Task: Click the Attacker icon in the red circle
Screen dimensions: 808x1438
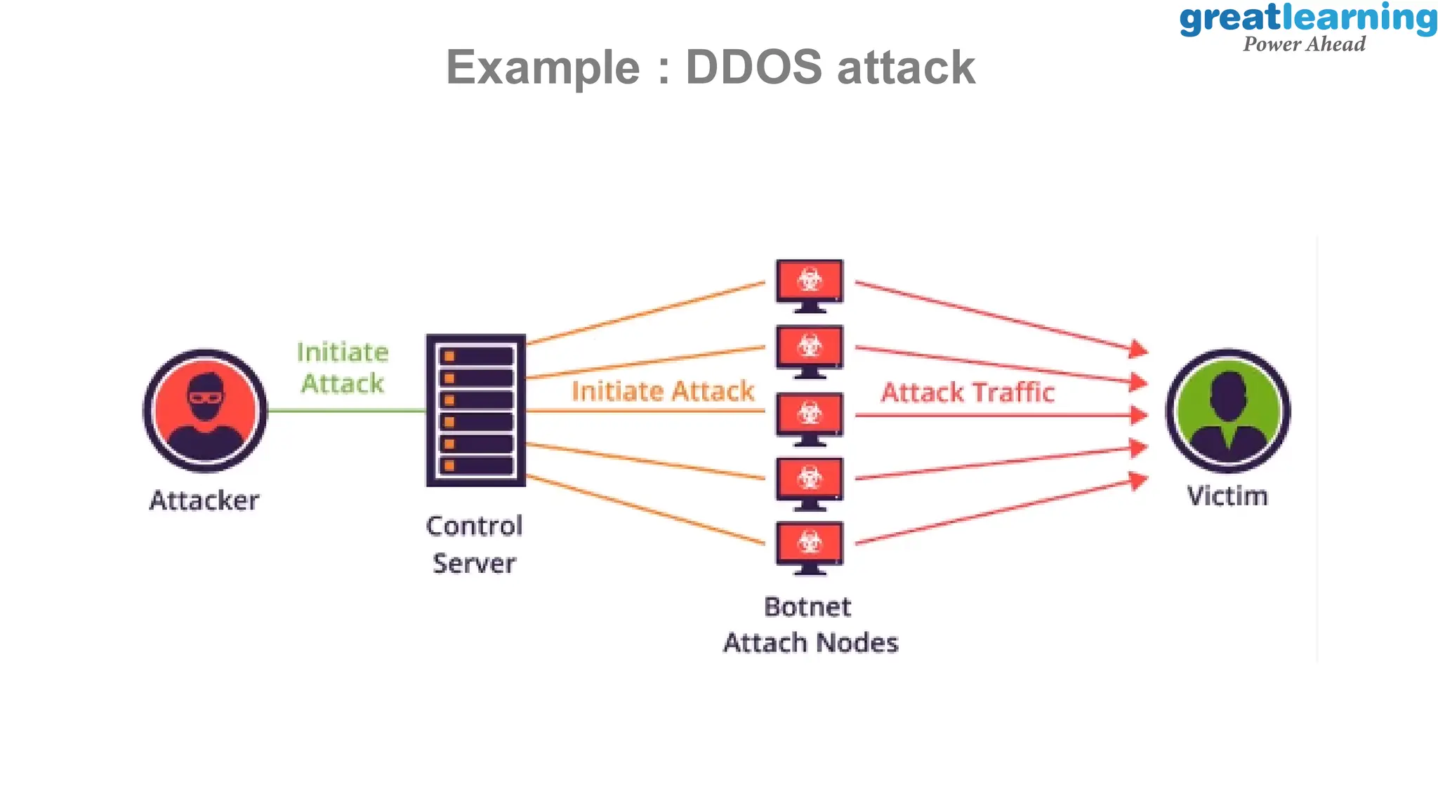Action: click(205, 411)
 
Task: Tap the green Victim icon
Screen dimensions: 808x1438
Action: click(1228, 411)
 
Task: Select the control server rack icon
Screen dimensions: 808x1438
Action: click(476, 411)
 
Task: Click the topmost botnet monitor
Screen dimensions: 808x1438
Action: click(810, 284)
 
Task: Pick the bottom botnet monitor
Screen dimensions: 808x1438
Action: click(810, 547)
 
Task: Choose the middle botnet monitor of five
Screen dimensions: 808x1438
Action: click(810, 417)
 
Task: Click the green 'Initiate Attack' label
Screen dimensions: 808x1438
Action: click(343, 368)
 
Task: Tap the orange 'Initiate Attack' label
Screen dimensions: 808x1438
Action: click(663, 391)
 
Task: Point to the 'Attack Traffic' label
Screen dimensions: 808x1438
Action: click(968, 392)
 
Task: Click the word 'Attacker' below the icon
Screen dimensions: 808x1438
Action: click(204, 501)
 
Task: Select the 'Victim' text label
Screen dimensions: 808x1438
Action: click(1227, 496)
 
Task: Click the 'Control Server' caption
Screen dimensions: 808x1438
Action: click(475, 544)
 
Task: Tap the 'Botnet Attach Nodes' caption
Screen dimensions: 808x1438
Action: click(810, 624)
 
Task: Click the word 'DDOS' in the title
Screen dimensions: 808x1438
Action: click(753, 67)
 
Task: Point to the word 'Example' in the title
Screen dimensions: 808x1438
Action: click(543, 67)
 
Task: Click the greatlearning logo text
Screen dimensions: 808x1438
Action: click(1307, 18)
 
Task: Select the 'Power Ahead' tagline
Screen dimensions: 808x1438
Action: click(1304, 44)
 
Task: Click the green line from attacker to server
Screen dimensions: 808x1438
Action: click(346, 411)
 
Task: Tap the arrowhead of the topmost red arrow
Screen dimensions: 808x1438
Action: click(1140, 348)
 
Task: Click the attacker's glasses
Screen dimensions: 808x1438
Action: click(205, 397)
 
